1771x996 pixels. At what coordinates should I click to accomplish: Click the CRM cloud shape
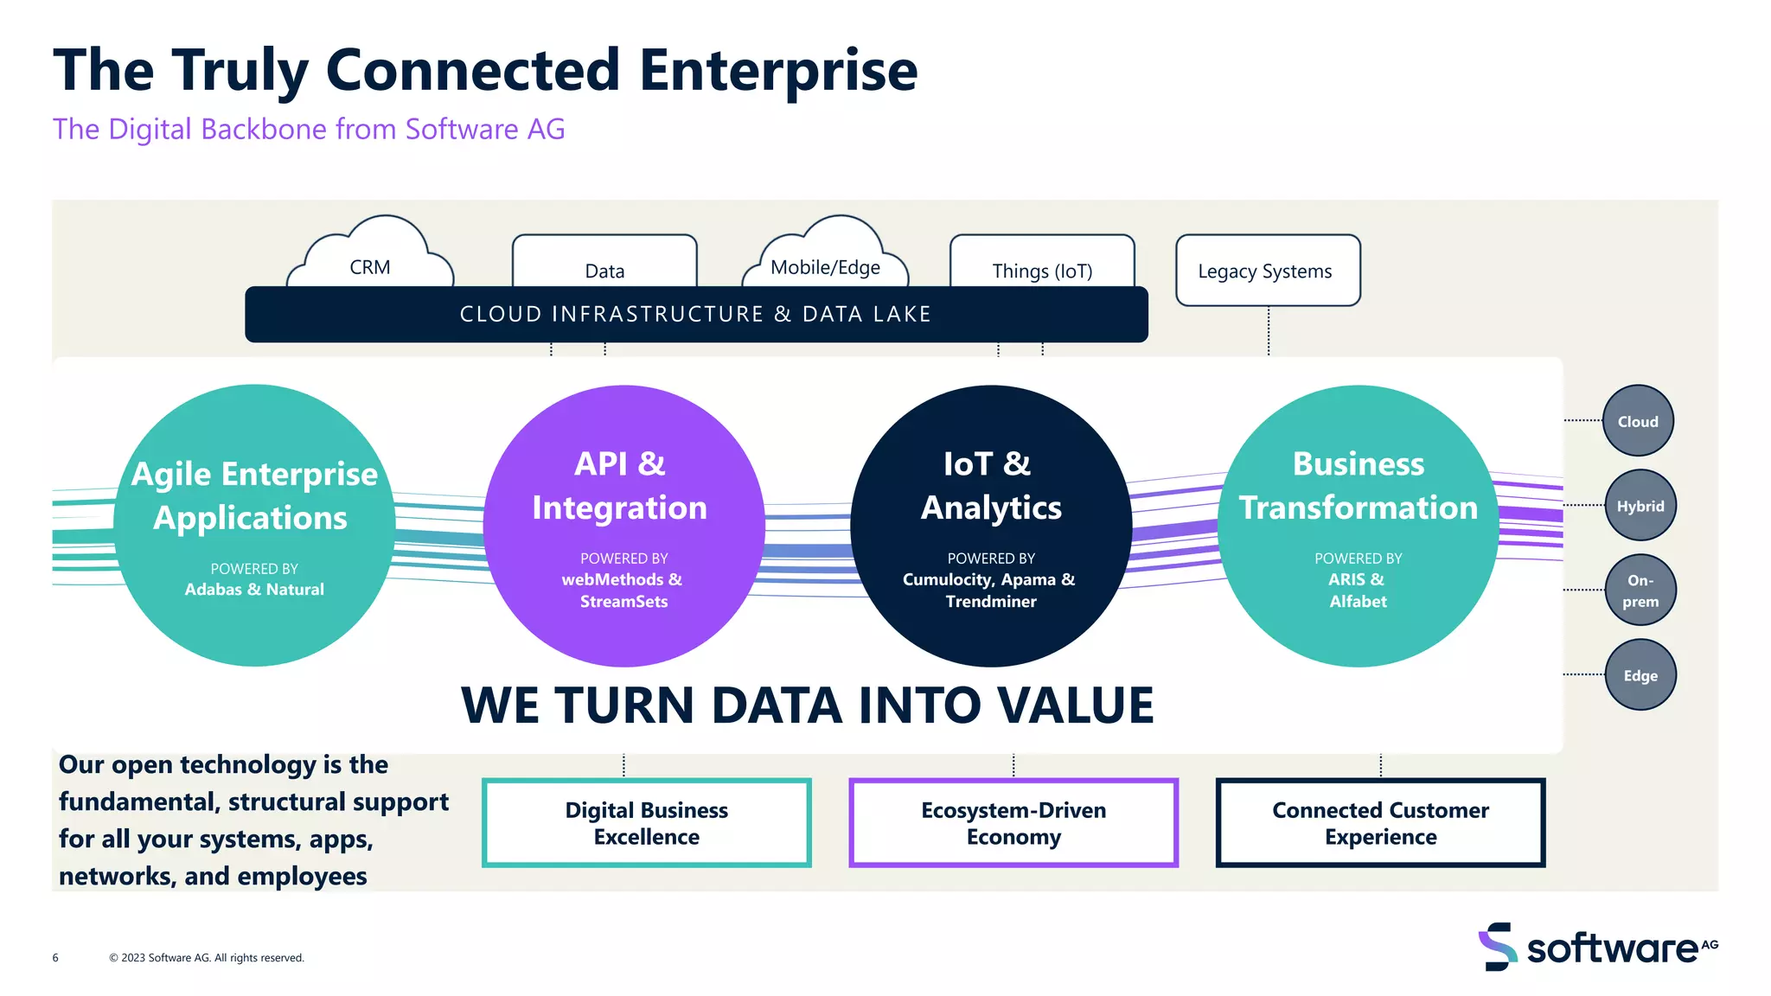[370, 259]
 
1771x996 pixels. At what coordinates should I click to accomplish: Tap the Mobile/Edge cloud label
[825, 267]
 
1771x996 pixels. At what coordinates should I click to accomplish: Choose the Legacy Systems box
[1267, 271]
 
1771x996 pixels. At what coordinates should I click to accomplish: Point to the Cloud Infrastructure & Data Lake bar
[696, 314]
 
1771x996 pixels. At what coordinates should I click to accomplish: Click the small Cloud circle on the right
[1638, 421]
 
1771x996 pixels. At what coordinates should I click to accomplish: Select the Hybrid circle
[1640, 506]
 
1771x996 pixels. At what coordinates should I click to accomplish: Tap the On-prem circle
[1640, 591]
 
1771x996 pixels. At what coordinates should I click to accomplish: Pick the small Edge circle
[1640, 675]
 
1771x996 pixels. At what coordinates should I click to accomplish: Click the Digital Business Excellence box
[646, 823]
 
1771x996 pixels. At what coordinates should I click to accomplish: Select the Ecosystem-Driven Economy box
[1013, 823]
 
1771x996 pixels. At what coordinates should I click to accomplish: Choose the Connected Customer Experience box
[1380, 823]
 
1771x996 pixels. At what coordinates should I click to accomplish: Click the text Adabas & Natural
[254, 590]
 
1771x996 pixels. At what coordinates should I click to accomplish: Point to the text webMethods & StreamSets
[623, 590]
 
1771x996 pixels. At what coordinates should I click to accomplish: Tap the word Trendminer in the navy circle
[991, 602]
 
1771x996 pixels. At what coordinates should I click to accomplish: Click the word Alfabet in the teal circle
[1358, 602]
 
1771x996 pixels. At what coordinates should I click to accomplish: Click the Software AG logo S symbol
[1498, 947]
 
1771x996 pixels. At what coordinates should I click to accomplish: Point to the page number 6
[55, 958]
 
